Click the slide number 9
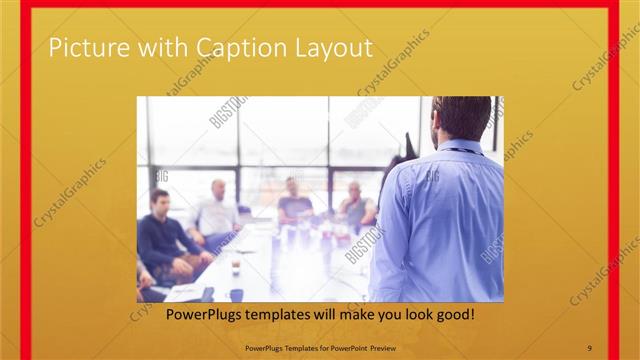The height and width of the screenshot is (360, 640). pyautogui.click(x=590, y=347)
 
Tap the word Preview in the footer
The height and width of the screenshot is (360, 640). pyautogui.click(x=380, y=347)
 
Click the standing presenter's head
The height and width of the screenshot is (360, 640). pyautogui.click(x=462, y=117)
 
